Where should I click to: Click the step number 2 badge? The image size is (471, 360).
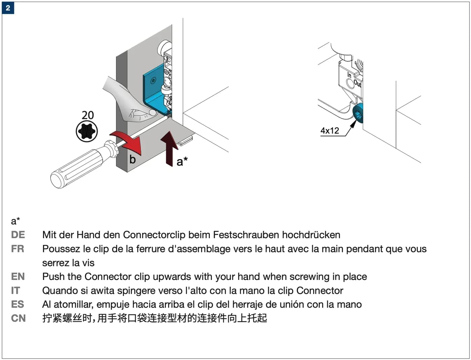[8, 8]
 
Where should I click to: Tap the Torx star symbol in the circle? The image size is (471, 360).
[87, 131]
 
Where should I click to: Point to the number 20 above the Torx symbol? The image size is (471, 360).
[87, 115]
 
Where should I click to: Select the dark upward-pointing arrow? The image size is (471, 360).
[169, 149]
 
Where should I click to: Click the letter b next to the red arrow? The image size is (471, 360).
[133, 159]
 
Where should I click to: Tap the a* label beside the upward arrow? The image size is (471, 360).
[182, 161]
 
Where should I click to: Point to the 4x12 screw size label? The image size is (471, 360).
[330, 131]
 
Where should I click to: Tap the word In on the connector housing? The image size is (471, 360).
[349, 75]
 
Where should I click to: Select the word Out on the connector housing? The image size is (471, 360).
[357, 83]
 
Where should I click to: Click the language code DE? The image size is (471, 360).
[18, 235]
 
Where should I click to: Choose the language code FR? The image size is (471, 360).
[17, 249]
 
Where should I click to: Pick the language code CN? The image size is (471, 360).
[19, 318]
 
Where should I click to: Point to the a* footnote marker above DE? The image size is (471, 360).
[15, 221]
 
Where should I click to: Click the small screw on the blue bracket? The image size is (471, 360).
[153, 81]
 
